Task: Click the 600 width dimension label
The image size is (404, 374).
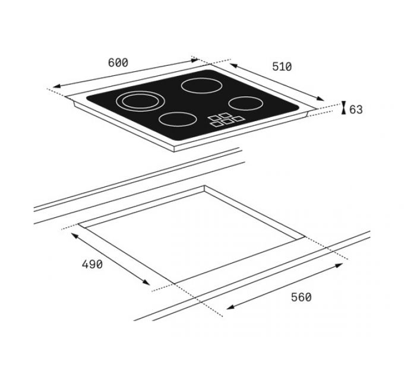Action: [118, 62]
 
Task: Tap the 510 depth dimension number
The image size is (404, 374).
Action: [282, 66]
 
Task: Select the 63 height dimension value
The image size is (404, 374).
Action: [356, 109]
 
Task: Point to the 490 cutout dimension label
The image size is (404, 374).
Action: [92, 264]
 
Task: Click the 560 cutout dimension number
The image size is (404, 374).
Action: [301, 297]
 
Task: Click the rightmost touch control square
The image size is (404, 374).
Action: [239, 119]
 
